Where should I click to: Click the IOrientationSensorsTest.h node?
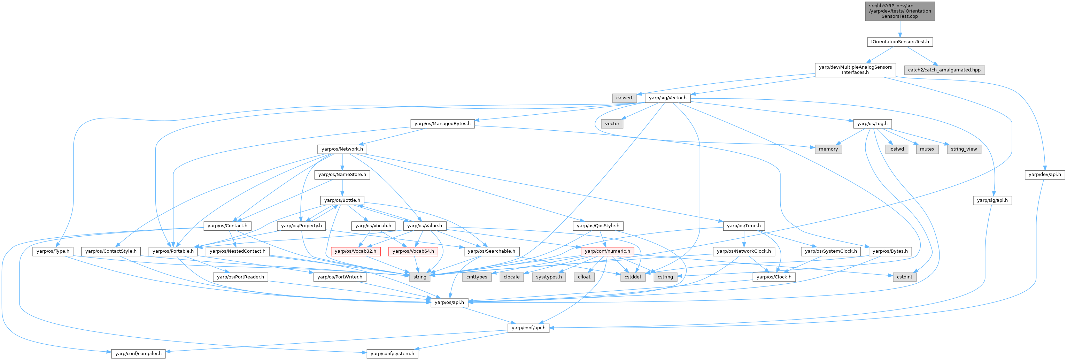900,42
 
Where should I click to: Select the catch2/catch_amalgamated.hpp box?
944,70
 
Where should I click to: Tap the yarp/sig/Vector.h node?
667,98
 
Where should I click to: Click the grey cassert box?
624,98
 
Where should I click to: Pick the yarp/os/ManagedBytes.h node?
442,123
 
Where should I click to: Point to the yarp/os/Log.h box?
872,123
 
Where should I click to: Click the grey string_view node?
964,149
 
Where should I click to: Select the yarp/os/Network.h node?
342,149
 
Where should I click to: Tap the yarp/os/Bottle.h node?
342,200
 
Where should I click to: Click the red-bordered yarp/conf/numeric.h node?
607,251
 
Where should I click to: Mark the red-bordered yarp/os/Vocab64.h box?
413,251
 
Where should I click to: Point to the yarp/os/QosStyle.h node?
598,226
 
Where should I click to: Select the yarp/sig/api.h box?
992,200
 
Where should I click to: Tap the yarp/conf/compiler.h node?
138,353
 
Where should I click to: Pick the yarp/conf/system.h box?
392,353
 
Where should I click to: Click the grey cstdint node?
904,277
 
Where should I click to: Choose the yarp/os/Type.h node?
53,251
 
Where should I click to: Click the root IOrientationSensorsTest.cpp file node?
900,11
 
